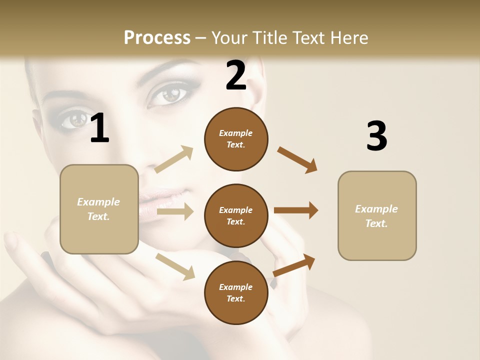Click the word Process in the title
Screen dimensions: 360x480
click(x=157, y=37)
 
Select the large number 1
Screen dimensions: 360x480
click(x=99, y=128)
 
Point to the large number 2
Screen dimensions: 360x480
click(x=236, y=75)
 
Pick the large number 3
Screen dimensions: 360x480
click(x=376, y=136)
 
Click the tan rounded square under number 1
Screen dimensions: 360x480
click(x=99, y=209)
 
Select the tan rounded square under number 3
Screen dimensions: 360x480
click(x=377, y=216)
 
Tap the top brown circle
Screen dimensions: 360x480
click(x=236, y=139)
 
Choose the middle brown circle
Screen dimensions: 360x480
click(x=236, y=216)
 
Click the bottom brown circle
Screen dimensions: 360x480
click(x=236, y=293)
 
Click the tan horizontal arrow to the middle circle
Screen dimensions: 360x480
click(x=175, y=212)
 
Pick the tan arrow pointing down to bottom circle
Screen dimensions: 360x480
click(x=175, y=266)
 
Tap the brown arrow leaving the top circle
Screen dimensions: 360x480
click(x=297, y=159)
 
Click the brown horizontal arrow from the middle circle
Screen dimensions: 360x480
click(x=296, y=210)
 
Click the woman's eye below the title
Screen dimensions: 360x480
click(x=170, y=93)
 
